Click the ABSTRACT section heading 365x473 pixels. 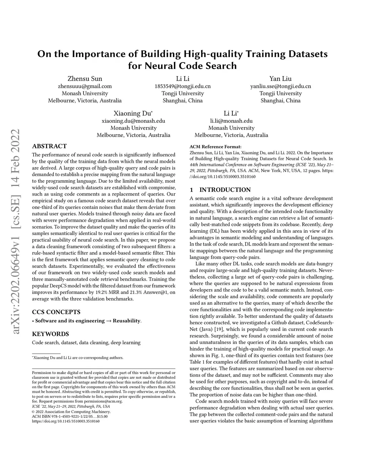coord(49,146)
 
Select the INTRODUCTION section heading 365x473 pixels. coord(225,190)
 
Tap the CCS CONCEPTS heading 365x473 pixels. coord(56,312)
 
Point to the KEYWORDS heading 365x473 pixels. coord(50,334)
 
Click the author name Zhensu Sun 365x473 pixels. coord(85,79)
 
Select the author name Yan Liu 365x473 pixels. coord(281,79)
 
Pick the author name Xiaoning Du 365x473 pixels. coord(133,114)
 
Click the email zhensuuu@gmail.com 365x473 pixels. coord(85,86)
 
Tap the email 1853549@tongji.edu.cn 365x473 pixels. coord(182,86)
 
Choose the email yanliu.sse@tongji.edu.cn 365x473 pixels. coord(281,86)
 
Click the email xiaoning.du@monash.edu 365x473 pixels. coord(133,121)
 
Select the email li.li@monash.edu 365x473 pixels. coord(231,121)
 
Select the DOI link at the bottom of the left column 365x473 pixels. coord(66,421)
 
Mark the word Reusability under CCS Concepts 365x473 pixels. coord(127,321)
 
